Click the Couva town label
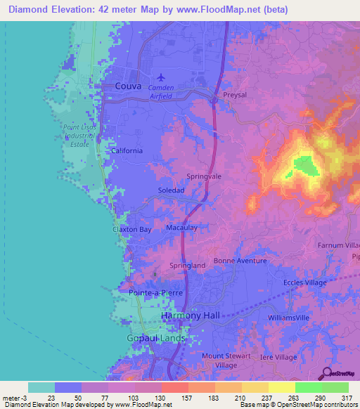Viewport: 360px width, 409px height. click(128, 86)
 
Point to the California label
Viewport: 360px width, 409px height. click(127, 151)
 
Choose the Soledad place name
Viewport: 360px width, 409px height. click(172, 190)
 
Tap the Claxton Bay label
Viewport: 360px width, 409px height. click(131, 230)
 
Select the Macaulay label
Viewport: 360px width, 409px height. click(181, 228)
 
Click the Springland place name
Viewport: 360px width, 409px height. click(188, 266)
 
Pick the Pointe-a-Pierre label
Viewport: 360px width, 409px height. click(155, 292)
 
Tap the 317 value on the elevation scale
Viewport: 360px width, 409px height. click(345, 398)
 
